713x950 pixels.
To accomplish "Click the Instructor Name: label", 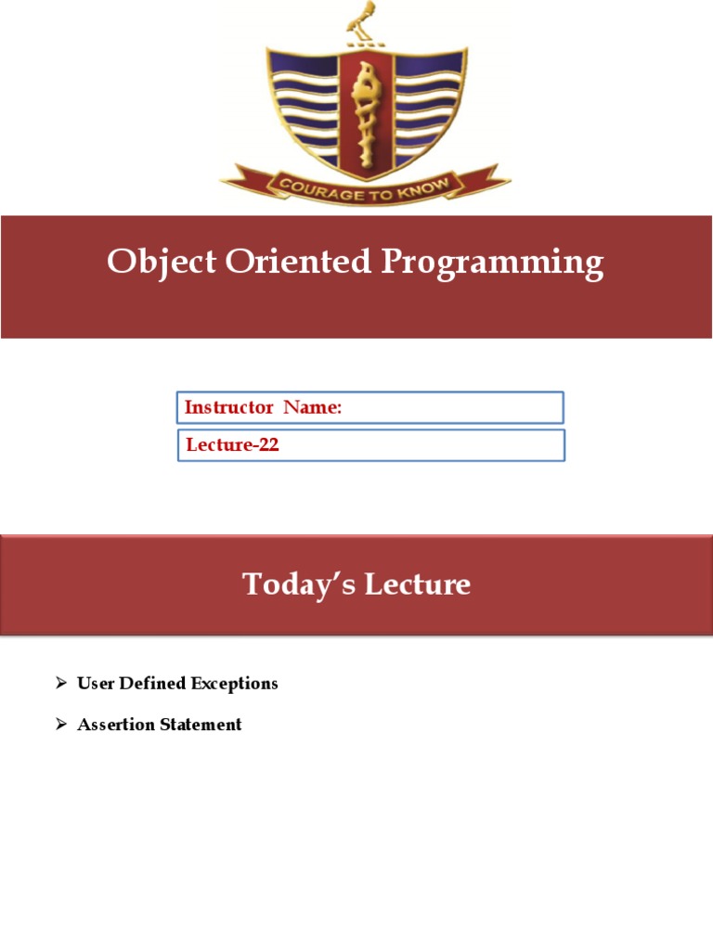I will coord(264,407).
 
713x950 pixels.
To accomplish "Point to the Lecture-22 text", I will coord(232,445).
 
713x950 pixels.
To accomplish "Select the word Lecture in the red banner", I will coord(418,584).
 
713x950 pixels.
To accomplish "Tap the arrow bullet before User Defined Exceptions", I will coord(61,684).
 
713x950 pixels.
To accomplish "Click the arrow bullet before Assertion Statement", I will coord(61,725).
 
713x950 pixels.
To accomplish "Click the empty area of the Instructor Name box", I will coord(446,407).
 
